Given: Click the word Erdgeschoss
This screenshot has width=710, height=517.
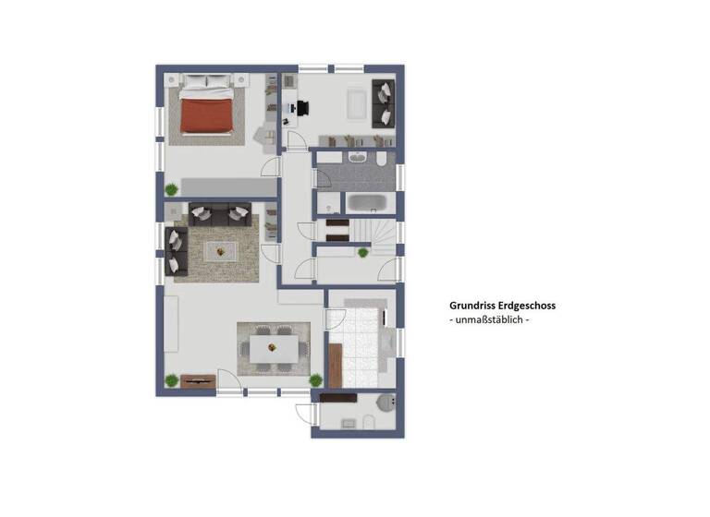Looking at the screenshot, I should (523, 305).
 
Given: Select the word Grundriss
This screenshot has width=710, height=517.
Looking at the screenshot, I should (470, 305).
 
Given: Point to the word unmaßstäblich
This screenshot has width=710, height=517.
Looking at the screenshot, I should (488, 319).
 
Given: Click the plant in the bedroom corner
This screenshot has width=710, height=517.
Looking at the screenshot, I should (171, 189).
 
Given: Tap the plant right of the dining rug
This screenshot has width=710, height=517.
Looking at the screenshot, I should (315, 379).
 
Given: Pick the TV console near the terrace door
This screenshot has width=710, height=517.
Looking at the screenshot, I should (197, 379).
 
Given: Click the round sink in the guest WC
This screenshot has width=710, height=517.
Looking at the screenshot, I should (386, 401).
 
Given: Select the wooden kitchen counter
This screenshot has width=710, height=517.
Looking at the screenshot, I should (335, 366).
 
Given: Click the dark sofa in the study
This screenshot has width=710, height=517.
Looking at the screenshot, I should (383, 103).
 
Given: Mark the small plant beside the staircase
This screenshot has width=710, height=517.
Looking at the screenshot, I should (361, 251).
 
